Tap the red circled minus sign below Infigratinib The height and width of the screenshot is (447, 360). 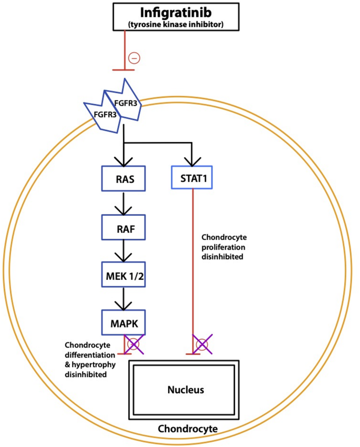tap(135, 58)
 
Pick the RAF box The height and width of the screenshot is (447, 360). tap(124, 229)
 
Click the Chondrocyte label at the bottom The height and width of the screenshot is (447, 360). tap(188, 429)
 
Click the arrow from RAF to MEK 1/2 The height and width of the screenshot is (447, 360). tap(124, 253)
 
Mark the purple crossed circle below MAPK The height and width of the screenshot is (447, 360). tap(134, 345)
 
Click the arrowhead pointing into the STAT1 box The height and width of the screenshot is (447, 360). tap(192, 161)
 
